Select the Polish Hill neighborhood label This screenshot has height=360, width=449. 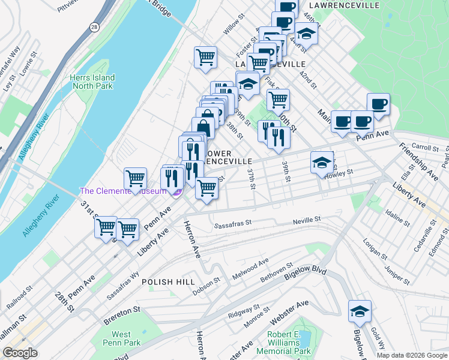coord(165,281)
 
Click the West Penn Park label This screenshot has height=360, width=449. coord(121,338)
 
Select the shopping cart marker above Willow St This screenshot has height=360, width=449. coord(205,57)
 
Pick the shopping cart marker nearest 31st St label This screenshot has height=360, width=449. coord(106,226)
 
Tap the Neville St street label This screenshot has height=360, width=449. coord(307,221)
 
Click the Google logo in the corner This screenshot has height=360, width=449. coord(20,352)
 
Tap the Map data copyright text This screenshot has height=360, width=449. coord(412,355)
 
